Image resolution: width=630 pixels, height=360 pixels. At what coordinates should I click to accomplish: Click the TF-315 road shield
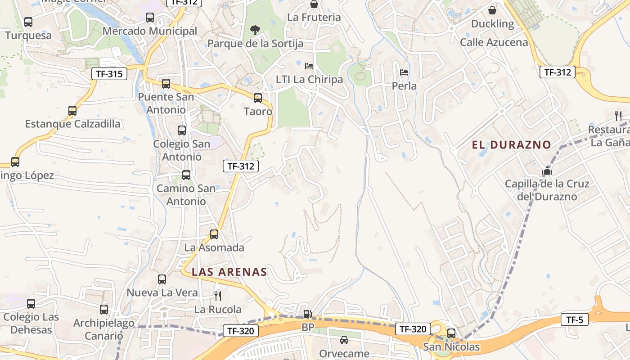point(109,74)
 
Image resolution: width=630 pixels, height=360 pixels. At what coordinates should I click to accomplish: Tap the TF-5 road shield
point(575,320)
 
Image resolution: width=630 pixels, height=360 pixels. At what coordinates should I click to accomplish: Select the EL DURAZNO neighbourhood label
point(511,145)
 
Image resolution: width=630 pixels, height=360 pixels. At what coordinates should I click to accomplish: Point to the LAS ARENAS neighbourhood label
point(229,272)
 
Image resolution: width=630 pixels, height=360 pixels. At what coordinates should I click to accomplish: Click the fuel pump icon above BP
point(308,314)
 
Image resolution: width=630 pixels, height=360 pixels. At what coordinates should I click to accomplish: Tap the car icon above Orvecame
point(344,340)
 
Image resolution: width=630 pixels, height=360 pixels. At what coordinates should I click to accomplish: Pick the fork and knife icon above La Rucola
point(218,296)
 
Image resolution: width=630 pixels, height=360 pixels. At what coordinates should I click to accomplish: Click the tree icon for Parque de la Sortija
point(255,30)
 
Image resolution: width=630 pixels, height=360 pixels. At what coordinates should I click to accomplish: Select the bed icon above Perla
point(404,72)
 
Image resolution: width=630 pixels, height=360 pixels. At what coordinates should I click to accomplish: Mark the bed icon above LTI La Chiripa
point(309,66)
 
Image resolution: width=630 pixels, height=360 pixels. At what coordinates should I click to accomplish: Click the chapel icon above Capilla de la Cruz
point(547,171)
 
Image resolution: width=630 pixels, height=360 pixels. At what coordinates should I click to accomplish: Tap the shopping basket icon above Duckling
point(492,10)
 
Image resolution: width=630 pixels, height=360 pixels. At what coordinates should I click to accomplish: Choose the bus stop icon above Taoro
point(258,98)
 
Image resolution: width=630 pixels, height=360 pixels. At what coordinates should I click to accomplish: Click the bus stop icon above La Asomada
point(214,234)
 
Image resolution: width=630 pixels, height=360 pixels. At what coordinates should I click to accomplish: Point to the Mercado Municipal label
point(150,31)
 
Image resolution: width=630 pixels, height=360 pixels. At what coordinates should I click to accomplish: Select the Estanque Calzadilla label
point(72,124)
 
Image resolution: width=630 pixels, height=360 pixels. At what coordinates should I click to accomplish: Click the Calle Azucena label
point(494,42)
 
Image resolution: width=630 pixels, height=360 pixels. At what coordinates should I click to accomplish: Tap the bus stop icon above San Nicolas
point(451,333)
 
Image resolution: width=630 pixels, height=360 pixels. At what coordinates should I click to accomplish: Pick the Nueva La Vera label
point(162,292)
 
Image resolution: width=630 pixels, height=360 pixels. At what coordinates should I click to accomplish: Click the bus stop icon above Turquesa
point(28,22)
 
